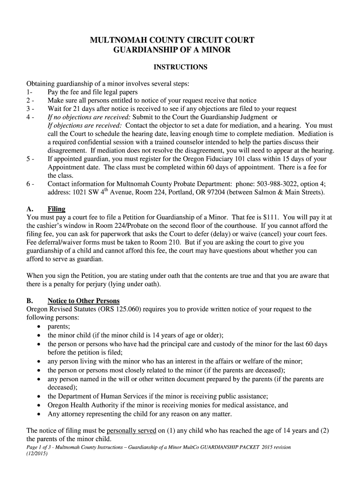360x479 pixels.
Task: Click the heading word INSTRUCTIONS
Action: click(180, 67)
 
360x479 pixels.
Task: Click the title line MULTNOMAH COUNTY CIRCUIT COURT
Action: click(172, 40)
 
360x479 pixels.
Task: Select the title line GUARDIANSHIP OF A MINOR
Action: click(172, 50)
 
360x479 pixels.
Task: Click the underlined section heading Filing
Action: click(57, 209)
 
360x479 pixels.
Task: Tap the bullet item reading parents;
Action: click(59, 327)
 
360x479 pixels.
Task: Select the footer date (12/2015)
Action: click(37, 453)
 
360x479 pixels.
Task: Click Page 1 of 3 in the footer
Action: click(42, 447)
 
